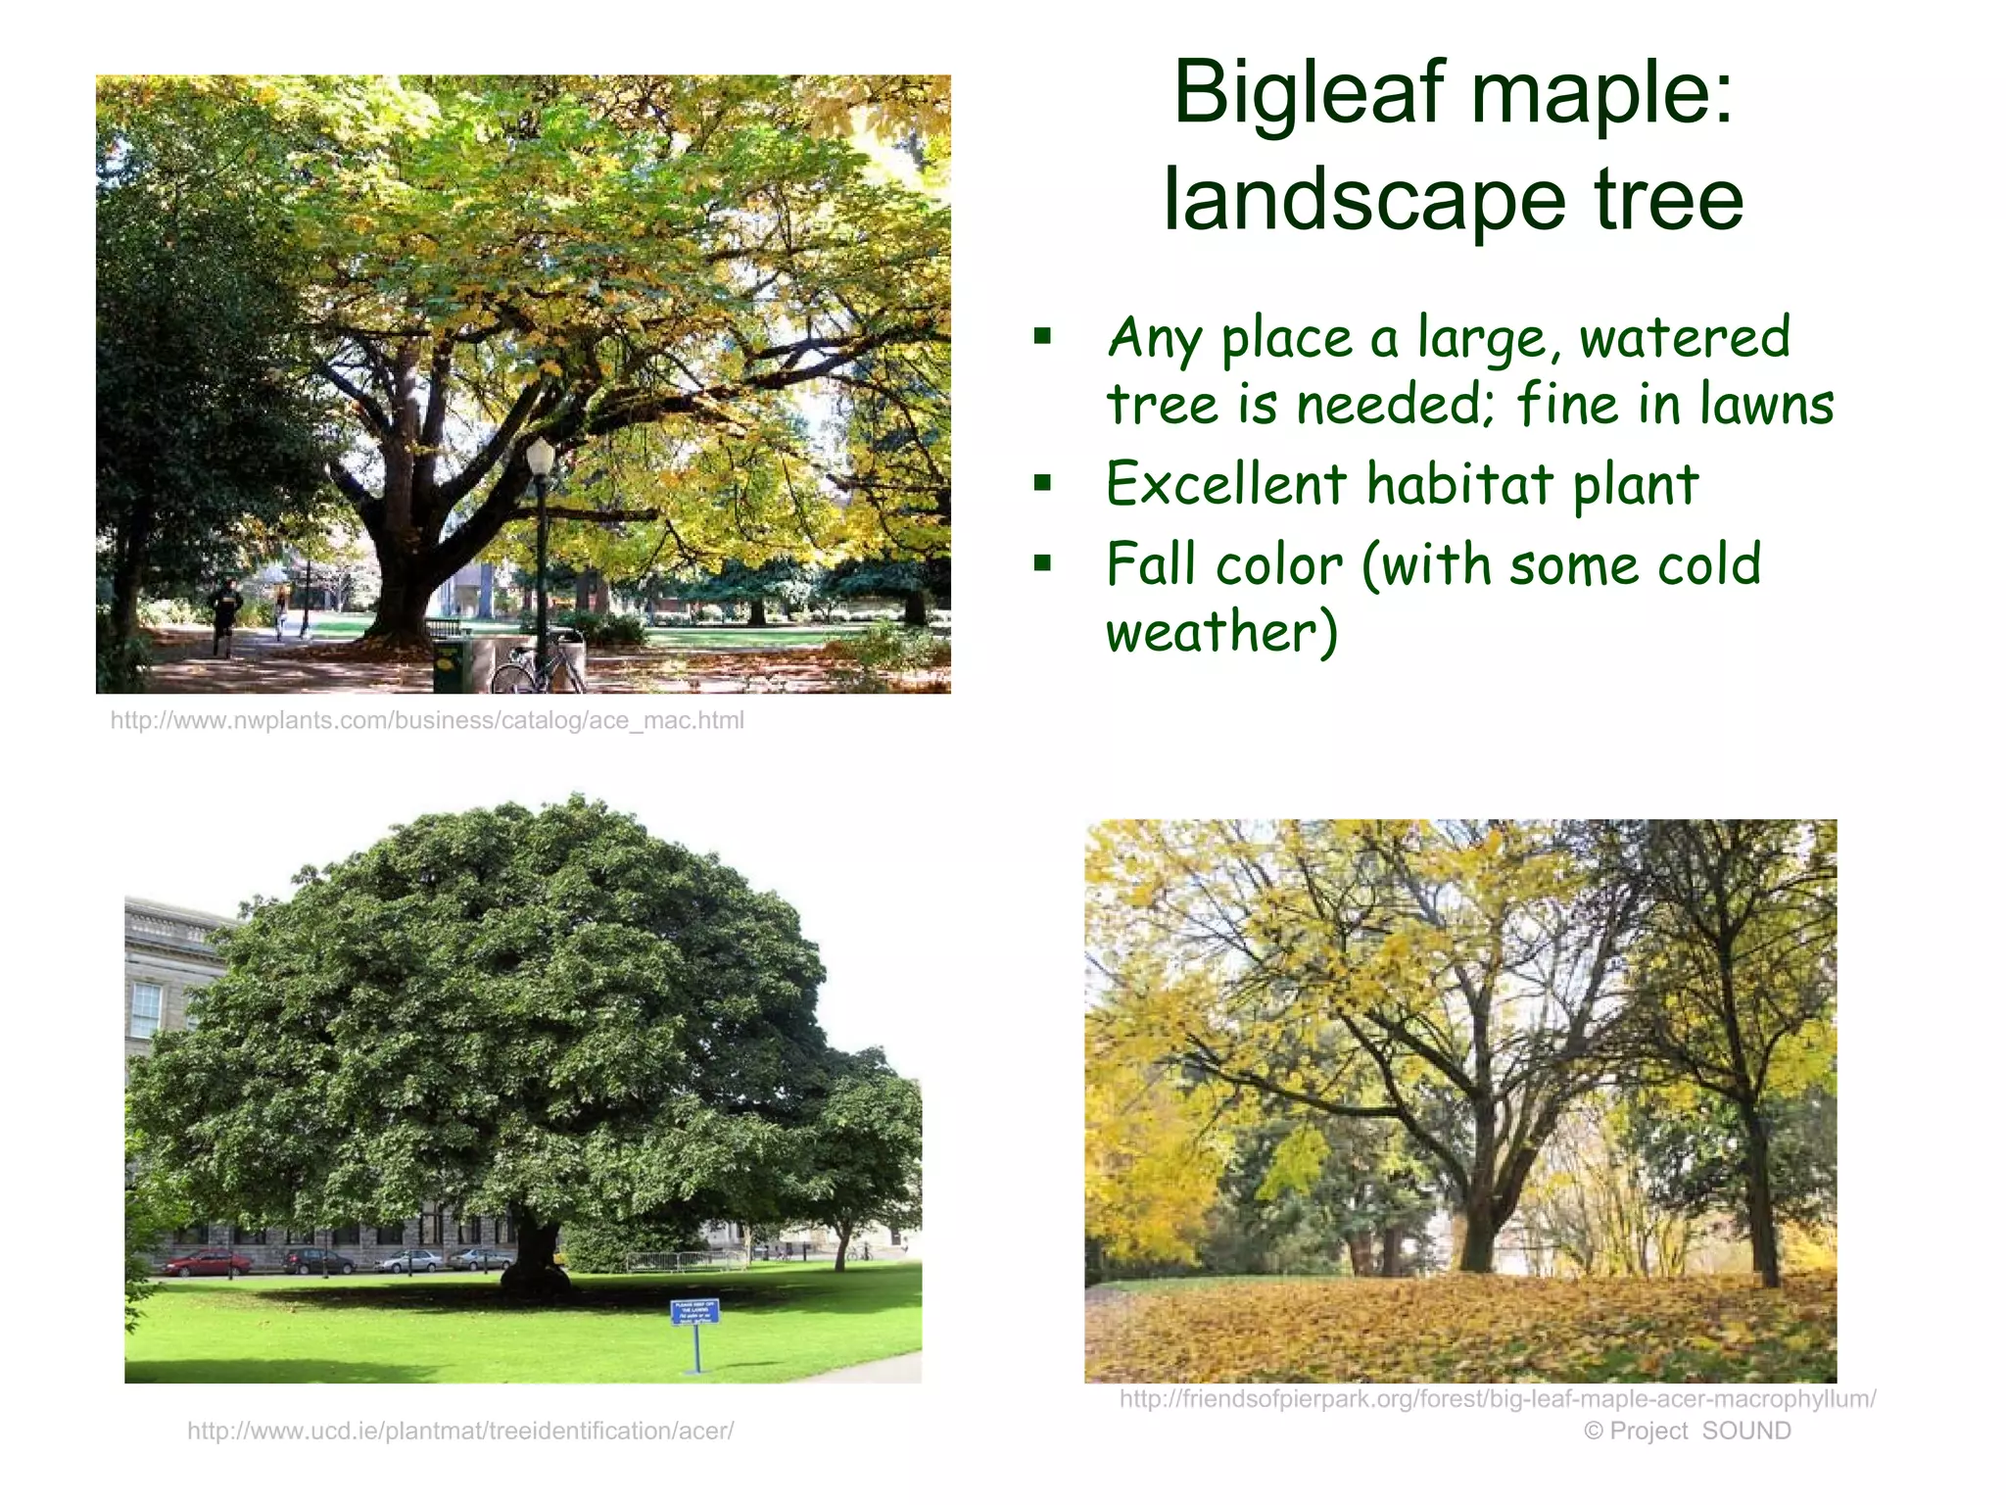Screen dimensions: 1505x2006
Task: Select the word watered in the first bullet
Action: click(1684, 338)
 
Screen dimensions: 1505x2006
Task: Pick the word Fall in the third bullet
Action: click(1152, 565)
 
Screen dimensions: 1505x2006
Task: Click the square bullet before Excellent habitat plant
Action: click(1042, 483)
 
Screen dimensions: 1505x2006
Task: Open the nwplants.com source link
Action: click(427, 721)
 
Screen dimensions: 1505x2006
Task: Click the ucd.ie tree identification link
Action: click(460, 1432)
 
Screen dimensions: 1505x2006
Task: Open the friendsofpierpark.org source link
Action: click(1497, 1399)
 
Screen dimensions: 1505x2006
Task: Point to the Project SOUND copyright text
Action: click(1687, 1432)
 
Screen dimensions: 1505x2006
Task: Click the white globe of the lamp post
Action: click(540, 456)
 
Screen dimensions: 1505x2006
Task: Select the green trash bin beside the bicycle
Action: click(451, 665)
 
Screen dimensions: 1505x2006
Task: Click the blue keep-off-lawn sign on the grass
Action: click(694, 1312)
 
